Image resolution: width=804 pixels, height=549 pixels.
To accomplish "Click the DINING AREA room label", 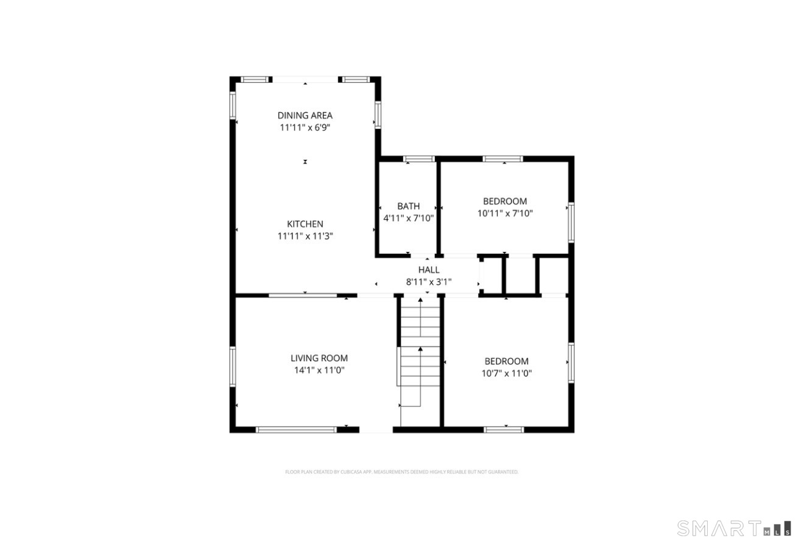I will (305, 115).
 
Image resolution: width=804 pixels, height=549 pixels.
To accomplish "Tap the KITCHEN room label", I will (305, 224).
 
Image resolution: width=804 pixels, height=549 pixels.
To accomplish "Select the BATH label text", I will (408, 206).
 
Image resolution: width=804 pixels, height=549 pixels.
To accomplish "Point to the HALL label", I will (428, 270).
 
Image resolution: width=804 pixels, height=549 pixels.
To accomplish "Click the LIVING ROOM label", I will (319, 358).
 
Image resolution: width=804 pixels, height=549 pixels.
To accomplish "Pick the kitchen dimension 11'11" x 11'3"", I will (305, 236).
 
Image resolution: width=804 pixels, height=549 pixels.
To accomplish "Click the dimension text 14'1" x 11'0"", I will (319, 370).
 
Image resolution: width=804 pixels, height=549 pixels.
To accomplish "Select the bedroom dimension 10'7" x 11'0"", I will (506, 373).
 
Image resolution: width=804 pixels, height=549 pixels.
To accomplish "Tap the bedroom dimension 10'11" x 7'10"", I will (505, 213).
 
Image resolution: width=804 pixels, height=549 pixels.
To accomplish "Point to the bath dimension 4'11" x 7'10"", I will (408, 218).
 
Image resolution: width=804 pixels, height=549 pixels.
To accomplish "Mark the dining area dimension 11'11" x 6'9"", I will (305, 127).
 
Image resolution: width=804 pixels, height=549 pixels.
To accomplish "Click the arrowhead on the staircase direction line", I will (420, 349).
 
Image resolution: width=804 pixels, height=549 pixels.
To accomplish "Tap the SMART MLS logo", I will (734, 528).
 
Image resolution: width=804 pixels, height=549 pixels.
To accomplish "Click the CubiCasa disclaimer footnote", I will (402, 472).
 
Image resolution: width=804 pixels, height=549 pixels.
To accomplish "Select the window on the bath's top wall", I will (419, 159).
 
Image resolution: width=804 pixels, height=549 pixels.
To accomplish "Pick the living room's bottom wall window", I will (296, 429).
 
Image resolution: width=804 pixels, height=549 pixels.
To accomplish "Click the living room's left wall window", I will (233, 366).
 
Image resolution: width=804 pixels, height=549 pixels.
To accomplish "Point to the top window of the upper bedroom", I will (503, 159).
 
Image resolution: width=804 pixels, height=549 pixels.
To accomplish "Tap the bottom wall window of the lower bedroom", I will (504, 429).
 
